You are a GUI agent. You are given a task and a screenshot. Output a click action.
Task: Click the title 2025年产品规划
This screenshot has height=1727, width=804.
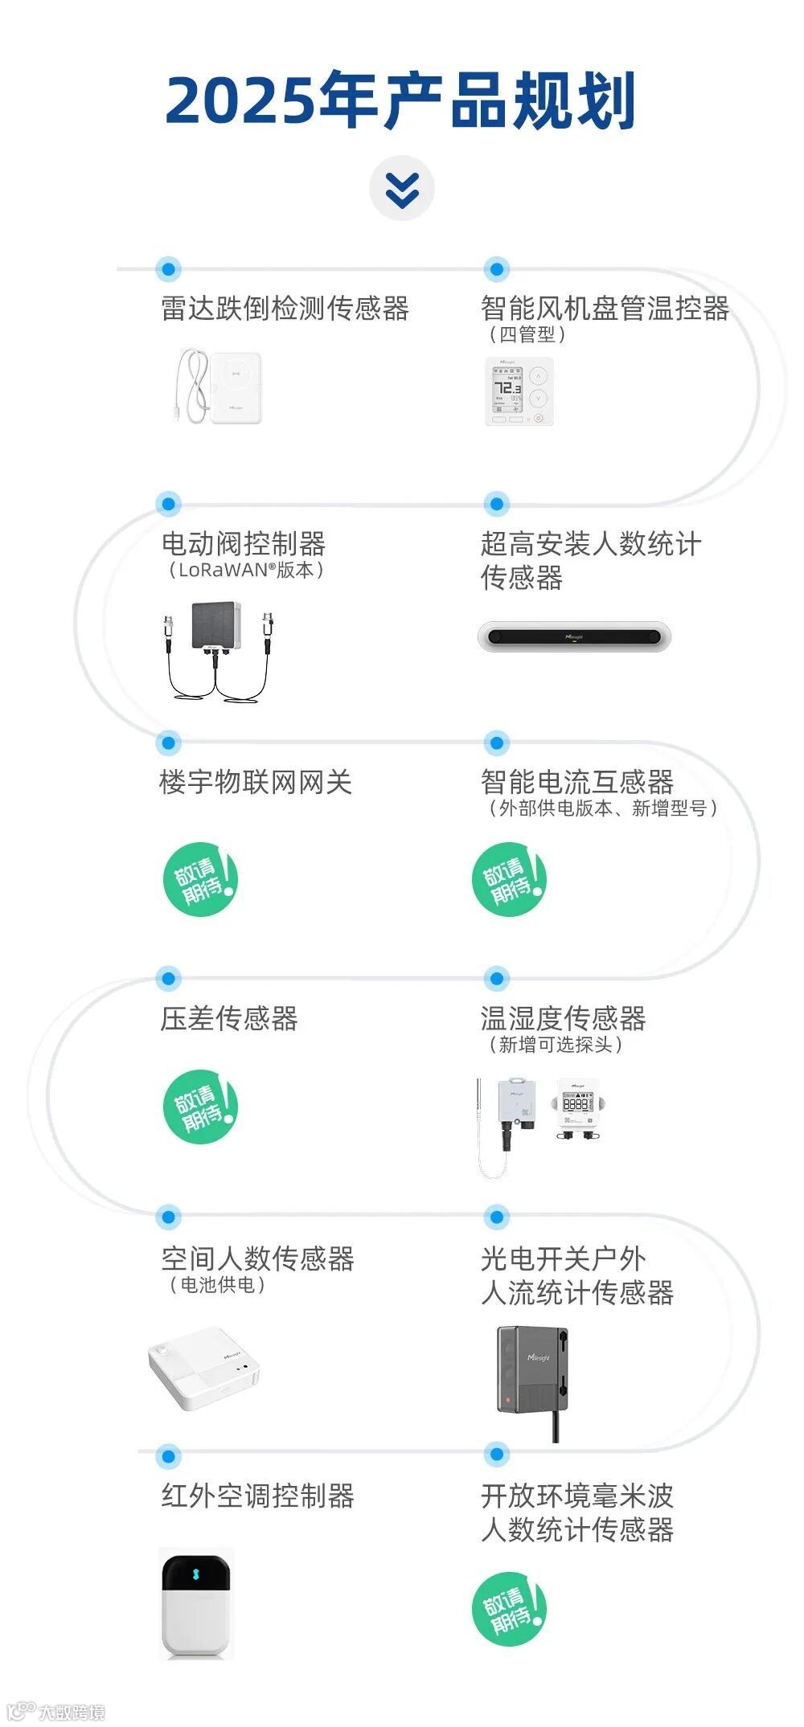coord(400,100)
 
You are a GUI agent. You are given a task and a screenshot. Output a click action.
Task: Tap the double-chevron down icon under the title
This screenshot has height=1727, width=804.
coord(402,189)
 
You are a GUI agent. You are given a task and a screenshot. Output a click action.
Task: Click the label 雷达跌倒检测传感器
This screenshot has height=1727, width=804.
coord(285,309)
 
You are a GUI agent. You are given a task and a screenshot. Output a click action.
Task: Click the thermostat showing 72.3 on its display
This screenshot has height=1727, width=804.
coord(519,391)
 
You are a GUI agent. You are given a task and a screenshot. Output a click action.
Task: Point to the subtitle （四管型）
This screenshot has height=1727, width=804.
coord(527,334)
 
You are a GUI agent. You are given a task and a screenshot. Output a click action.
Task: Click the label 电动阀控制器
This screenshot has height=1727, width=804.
coord(243,544)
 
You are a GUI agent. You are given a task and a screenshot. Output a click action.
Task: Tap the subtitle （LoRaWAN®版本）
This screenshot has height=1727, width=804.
coord(245,571)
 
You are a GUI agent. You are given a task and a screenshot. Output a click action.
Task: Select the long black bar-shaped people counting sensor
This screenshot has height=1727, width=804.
coord(574,636)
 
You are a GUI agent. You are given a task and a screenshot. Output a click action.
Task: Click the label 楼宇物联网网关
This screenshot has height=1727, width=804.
coord(256,782)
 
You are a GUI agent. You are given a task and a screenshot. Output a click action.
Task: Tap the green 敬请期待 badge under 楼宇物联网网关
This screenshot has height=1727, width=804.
coord(200,880)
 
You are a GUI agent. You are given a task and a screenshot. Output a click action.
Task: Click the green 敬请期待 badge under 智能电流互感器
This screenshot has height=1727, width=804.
coord(509,880)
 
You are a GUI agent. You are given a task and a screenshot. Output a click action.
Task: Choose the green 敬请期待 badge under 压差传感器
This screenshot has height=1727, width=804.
coord(200,1107)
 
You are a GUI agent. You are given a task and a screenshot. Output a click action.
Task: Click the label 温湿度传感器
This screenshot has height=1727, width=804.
coord(563,1018)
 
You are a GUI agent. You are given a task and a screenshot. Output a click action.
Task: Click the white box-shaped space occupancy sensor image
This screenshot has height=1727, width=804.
coord(204,1368)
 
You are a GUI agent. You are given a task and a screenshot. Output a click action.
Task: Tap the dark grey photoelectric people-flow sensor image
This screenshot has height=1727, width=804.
coord(532,1371)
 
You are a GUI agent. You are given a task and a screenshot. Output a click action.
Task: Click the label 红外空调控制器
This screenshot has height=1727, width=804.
coord(257,1496)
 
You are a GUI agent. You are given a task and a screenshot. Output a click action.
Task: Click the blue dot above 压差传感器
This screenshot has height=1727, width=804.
coord(168,978)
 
